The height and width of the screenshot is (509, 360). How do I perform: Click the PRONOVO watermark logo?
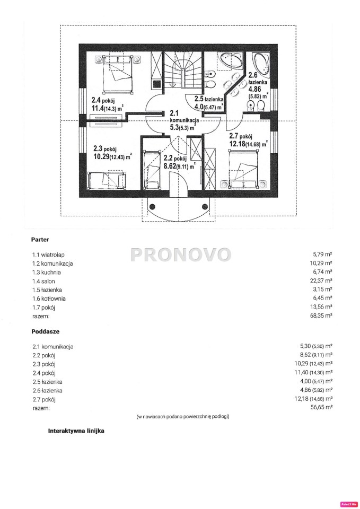pos(181,254)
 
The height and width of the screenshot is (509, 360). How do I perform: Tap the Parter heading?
pos(40,240)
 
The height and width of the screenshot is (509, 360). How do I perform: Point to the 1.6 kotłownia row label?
pos(49,299)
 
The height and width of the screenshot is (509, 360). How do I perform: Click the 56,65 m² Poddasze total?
pos(321,407)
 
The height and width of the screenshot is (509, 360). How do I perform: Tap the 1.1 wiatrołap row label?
pos(46,255)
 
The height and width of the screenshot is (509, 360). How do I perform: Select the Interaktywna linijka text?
pos(76,431)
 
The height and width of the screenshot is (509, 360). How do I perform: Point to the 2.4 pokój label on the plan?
pos(107,104)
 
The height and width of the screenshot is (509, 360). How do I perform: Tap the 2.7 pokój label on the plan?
pos(248,140)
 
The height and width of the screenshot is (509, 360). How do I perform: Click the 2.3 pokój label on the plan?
pos(112,153)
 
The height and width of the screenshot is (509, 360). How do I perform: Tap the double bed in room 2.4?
pos(118,74)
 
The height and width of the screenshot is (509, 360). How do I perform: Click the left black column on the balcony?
pos(153,206)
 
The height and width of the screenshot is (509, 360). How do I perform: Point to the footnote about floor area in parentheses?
pos(183,417)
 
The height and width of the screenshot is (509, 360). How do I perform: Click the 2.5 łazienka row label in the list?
pos(47,382)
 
